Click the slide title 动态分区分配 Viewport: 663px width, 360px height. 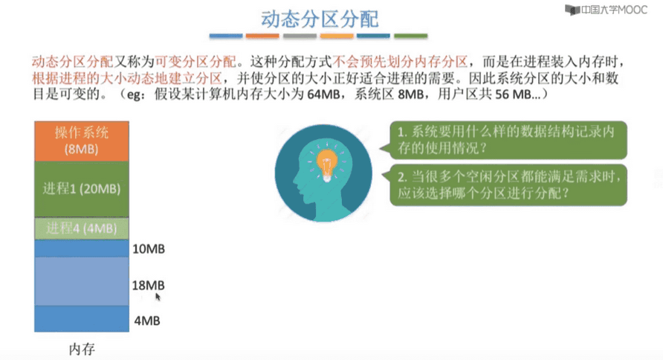coord(320,19)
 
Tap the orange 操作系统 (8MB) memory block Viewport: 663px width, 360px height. coord(82,141)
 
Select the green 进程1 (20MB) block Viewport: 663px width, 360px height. coord(82,189)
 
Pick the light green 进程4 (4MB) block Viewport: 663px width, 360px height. coord(82,228)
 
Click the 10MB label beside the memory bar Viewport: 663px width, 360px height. coord(149,248)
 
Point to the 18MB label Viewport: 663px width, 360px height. coord(148,285)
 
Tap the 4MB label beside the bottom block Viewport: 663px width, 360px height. coord(147,321)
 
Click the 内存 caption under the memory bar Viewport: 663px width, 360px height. coord(82,349)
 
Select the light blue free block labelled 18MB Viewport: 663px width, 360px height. coord(82,281)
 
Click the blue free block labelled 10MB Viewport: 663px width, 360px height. coord(82,248)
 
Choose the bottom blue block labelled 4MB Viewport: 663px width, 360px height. coord(82,318)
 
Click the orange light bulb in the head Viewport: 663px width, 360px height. coord(327,164)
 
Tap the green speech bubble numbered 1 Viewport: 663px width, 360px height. coord(508,141)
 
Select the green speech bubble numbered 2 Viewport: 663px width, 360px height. coord(508,185)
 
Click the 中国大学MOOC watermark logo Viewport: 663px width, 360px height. coord(606,10)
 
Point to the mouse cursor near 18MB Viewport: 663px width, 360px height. coord(158,297)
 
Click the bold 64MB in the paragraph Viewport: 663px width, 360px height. coord(323,94)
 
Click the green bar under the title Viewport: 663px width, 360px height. coord(410,36)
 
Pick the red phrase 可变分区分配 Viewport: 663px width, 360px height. coord(195,62)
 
